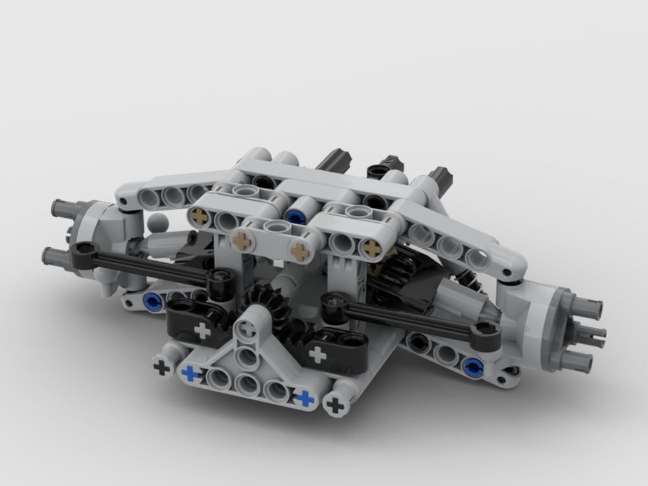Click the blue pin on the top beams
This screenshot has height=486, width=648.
click(x=296, y=216)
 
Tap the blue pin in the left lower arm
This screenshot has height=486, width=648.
click(x=152, y=301)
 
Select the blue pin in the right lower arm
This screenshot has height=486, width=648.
click(x=474, y=367)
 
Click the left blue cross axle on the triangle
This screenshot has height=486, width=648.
click(x=191, y=373)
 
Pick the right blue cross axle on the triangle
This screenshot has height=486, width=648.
click(x=304, y=398)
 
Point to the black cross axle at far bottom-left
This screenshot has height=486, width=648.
click(x=161, y=367)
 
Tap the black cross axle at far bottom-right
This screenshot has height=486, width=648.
click(x=335, y=406)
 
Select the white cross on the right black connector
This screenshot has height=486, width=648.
click(x=318, y=354)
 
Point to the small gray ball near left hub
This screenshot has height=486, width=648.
click(x=157, y=224)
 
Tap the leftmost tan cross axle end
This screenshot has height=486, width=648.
click(x=200, y=216)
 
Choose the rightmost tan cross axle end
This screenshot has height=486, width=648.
click(x=372, y=247)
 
